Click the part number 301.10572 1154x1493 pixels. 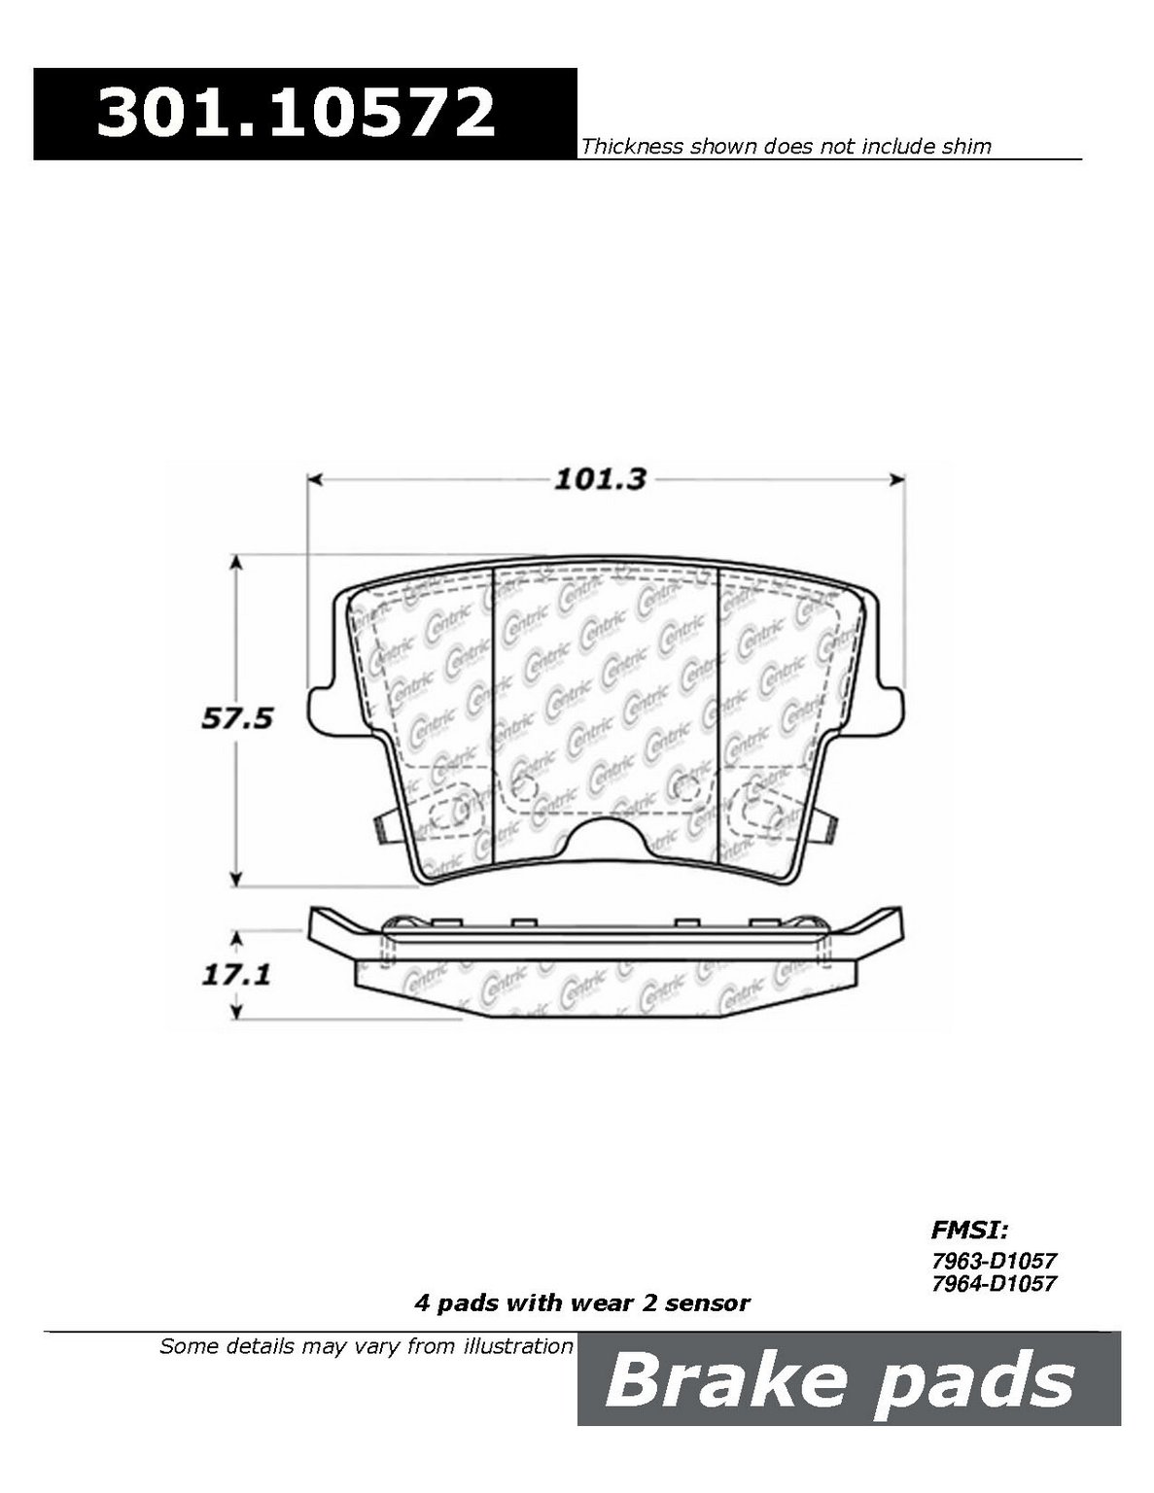click(297, 113)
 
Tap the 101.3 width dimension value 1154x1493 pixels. click(601, 479)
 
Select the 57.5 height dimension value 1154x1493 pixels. click(237, 719)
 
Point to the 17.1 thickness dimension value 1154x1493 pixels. click(236, 975)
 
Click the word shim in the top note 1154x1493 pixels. click(965, 147)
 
